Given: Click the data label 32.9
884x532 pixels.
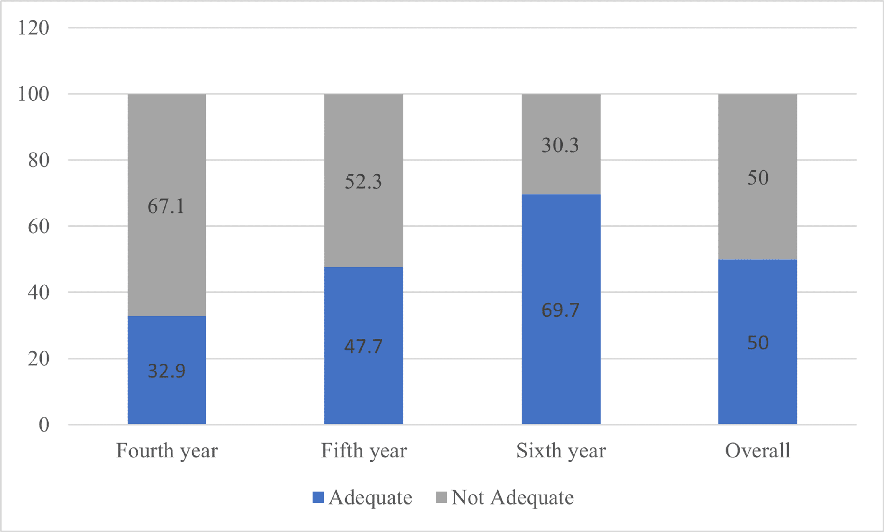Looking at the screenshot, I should click(x=167, y=371).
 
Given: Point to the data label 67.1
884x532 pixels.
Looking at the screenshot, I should click(x=166, y=206).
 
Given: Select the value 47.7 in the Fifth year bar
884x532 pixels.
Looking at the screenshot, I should click(x=363, y=346).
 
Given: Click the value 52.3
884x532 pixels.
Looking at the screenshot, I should click(x=363, y=181).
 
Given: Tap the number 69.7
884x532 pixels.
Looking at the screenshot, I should click(x=560, y=310).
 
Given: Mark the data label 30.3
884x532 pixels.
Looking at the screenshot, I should click(x=560, y=145).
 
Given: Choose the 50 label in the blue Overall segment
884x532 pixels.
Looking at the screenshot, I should click(x=758, y=343).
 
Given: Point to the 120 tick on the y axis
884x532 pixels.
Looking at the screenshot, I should click(x=33, y=28).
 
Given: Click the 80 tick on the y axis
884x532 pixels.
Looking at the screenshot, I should click(x=39, y=160).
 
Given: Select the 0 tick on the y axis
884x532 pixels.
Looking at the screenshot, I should click(x=44, y=425).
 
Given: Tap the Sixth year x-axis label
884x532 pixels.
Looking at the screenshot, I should click(x=561, y=451).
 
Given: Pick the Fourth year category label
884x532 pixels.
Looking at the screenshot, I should click(x=167, y=451).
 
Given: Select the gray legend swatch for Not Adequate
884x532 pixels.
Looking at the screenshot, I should click(x=441, y=497).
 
